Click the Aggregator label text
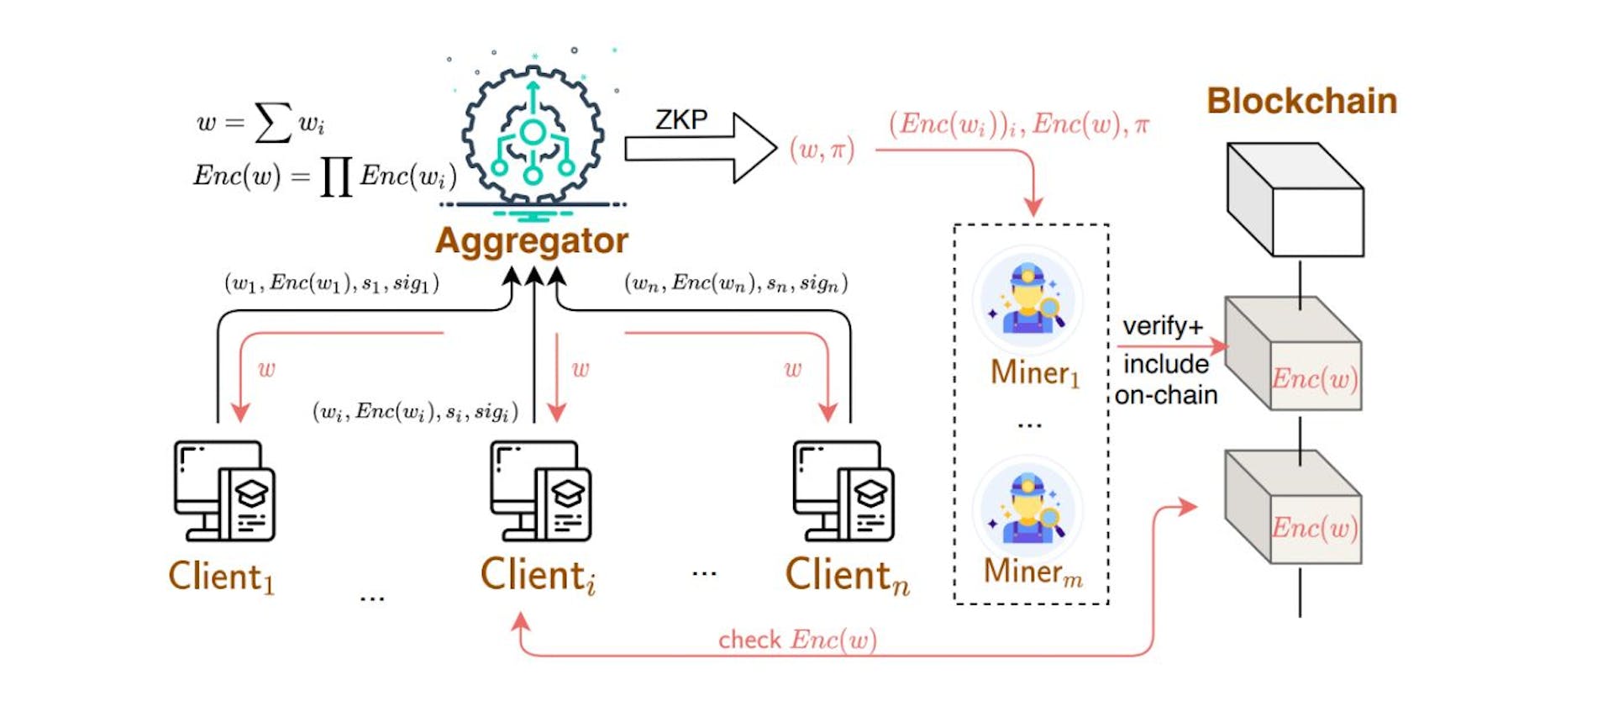click(531, 241)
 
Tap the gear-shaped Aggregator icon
click(533, 134)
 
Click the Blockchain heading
click(1301, 101)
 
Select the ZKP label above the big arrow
click(681, 120)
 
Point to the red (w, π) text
click(822, 150)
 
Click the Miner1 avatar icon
click(1027, 301)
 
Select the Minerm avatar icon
click(1027, 509)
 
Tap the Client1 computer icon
click(224, 491)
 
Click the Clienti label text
click(538, 577)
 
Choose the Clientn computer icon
click(843, 491)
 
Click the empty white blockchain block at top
click(1295, 200)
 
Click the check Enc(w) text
click(796, 640)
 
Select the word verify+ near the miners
click(1163, 326)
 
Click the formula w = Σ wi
click(260, 123)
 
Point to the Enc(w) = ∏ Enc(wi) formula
click(325, 177)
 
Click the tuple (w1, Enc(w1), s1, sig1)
click(332, 283)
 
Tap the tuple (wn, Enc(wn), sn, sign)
click(736, 283)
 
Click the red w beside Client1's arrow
click(266, 369)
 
